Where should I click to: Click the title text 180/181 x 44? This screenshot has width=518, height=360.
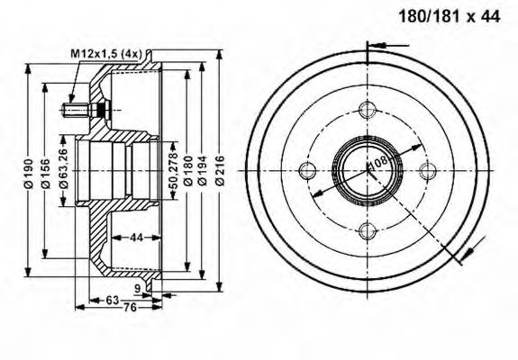click(x=450, y=16)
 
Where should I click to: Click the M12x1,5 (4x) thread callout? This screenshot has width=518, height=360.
click(x=106, y=53)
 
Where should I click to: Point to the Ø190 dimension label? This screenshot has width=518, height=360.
click(x=29, y=173)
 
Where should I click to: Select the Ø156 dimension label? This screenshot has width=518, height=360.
click(x=46, y=173)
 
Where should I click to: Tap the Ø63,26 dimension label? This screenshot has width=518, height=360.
click(x=63, y=168)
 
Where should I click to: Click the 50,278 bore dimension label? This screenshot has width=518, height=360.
click(x=173, y=170)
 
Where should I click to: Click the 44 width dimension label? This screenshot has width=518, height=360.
click(x=136, y=237)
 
